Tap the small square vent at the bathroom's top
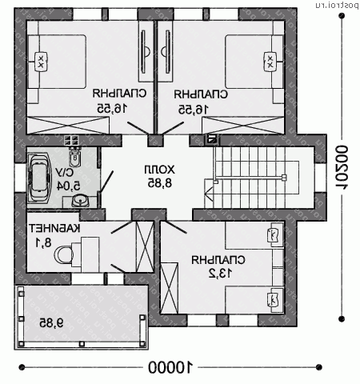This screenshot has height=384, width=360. [x=72, y=142]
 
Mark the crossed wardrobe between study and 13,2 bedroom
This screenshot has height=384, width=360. [x=146, y=249]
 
